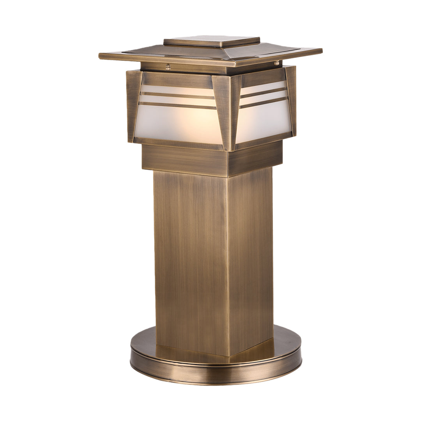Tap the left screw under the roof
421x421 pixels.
168,67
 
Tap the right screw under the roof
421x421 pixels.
276,63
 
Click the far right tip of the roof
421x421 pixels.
321,51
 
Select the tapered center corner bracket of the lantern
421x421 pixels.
227,111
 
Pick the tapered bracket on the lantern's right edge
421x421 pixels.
291,99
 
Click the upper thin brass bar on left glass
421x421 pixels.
177,95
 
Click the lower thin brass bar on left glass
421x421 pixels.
177,105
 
